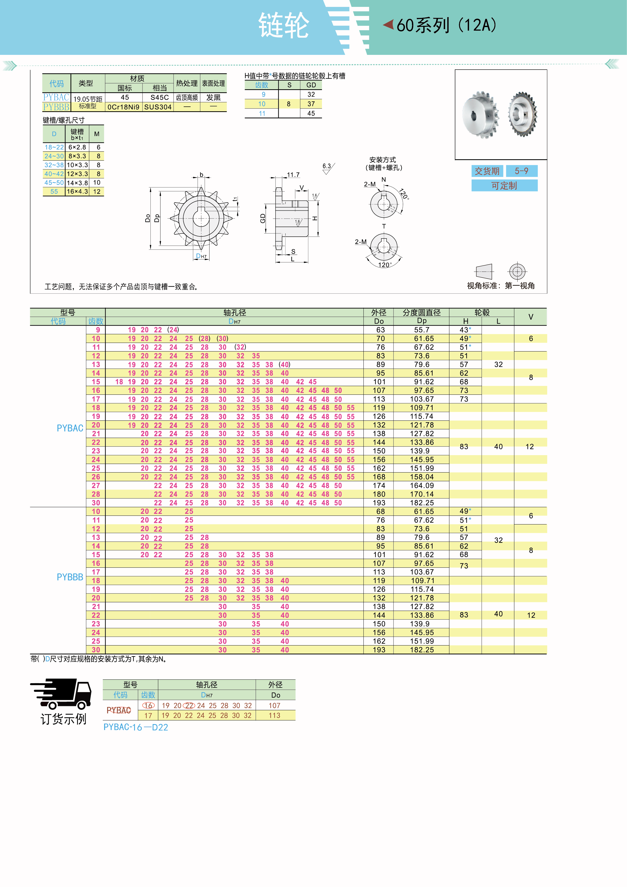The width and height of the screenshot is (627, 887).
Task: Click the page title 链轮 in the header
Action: (284, 26)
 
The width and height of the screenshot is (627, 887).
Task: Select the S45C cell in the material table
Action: (159, 97)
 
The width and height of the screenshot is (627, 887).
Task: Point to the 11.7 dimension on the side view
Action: (293, 175)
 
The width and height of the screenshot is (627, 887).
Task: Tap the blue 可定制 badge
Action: (504, 186)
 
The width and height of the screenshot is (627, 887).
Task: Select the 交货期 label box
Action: (487, 171)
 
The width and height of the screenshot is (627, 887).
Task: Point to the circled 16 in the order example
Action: (148, 705)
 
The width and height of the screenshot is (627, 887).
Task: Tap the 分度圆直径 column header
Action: (421, 313)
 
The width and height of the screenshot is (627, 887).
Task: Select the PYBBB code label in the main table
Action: (70, 577)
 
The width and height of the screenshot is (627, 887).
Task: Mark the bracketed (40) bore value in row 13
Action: (285, 365)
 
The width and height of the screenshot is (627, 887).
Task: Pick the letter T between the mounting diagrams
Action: (384, 226)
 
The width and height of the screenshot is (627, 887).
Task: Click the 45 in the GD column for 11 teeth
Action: (311, 114)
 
